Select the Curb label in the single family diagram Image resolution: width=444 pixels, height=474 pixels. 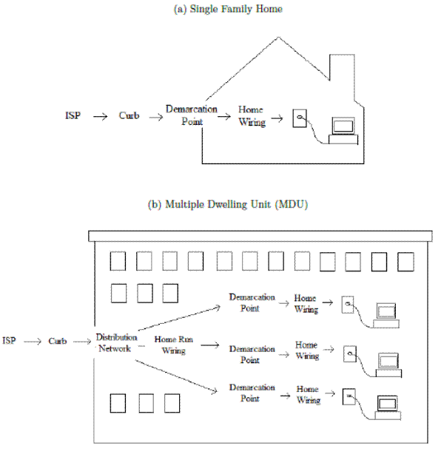point(129,116)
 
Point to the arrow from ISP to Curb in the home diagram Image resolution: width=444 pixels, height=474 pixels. point(101,117)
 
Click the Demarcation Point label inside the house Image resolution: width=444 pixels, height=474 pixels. point(191,115)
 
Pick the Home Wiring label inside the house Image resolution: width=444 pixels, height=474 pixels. point(251,115)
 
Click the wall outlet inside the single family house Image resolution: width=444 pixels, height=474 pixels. point(299,119)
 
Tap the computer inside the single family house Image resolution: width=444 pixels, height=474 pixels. point(343,129)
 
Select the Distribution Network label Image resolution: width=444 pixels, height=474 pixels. point(116,342)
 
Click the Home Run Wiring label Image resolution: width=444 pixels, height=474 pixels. point(175,345)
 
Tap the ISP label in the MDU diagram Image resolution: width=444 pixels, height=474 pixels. point(10,341)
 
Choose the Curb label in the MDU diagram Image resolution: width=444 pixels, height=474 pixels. point(58,341)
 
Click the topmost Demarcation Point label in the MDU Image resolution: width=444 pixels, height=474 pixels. point(252,302)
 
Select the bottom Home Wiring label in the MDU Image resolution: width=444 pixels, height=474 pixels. point(309,394)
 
